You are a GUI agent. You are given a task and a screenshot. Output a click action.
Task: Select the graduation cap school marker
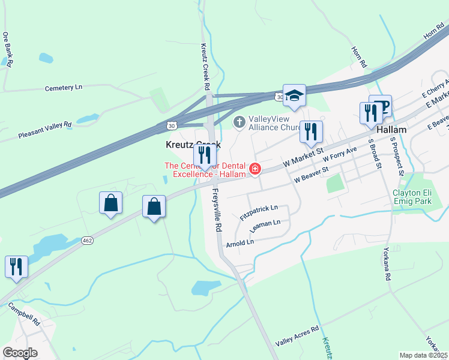[295, 95]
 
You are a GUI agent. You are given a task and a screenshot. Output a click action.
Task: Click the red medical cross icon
[255, 170]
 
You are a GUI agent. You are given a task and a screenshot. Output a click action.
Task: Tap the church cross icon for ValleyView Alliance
[239, 123]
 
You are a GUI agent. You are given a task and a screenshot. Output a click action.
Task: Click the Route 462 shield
[88, 241]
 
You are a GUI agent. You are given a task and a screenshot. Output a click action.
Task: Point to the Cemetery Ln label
[63, 88]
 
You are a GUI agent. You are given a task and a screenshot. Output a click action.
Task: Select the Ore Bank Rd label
[7, 49]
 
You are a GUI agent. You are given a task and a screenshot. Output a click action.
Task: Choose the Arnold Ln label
[240, 242]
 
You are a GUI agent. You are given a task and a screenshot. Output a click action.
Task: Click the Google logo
[20, 353]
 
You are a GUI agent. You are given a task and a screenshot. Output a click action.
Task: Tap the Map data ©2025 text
[423, 355]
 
